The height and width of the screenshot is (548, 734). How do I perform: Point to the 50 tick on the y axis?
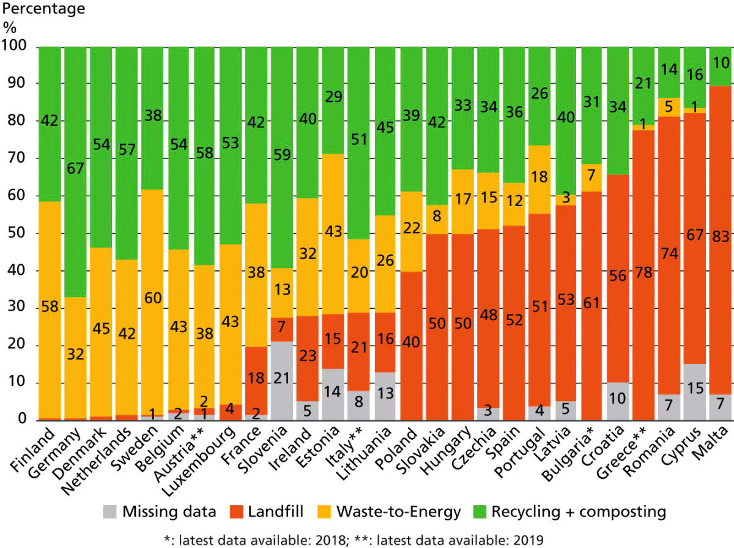tap(19, 234)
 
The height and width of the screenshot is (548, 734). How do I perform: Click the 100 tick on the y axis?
tap(15, 46)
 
